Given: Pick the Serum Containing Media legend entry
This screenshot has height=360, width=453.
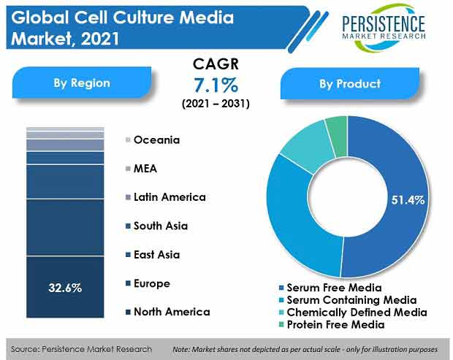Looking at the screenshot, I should (x=351, y=300).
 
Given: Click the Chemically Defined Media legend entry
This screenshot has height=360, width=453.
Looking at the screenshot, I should (x=353, y=313).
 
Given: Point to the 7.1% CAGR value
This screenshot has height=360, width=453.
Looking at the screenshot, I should (x=216, y=85).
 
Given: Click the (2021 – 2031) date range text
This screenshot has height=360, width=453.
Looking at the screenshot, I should (x=216, y=103).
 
